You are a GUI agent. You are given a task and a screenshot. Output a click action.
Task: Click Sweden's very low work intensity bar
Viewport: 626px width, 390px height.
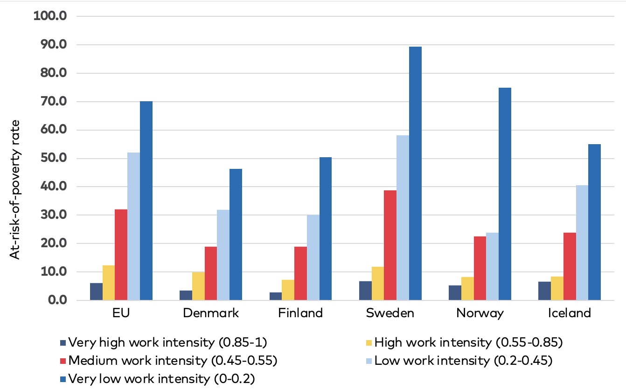415,173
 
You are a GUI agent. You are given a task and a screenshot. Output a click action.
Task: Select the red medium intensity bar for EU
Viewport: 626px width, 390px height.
121,255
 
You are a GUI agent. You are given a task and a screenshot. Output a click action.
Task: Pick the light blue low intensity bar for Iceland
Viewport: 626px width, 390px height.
582,243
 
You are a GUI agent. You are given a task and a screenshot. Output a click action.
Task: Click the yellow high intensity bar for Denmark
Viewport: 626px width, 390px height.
198,286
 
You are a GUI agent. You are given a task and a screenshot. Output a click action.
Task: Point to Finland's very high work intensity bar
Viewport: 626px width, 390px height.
276,296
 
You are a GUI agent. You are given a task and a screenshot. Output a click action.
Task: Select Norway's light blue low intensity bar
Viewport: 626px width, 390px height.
492,266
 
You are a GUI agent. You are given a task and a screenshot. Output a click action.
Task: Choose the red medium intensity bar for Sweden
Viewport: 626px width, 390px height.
390,245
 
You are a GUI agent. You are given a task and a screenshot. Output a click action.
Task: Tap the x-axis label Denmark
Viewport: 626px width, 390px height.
211,313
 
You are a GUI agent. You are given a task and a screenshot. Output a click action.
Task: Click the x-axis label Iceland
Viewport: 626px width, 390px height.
570,313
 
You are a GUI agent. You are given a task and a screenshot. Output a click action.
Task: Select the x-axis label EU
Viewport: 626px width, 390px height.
121,313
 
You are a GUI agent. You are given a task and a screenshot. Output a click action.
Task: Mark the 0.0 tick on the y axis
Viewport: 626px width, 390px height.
56,300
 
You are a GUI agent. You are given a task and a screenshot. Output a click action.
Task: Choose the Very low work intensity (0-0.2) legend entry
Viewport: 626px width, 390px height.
160,378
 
